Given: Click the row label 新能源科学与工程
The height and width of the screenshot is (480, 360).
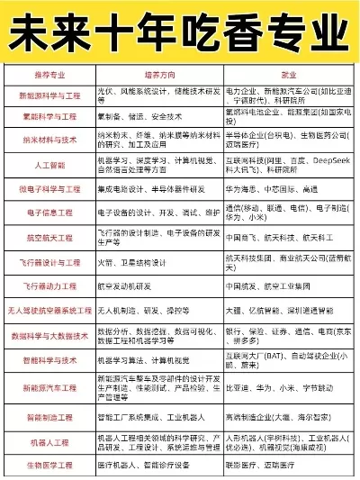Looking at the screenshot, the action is [49, 96].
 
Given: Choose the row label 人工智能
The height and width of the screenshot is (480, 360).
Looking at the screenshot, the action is [49, 166].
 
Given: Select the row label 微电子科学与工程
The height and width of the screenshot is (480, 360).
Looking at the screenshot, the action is [49, 189].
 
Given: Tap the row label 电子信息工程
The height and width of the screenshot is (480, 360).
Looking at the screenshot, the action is [49, 213].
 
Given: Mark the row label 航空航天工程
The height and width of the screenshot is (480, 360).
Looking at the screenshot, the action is [49, 238].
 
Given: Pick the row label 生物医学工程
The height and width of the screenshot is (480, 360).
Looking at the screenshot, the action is [49, 466].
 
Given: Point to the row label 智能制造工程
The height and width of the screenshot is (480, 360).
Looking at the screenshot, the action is [49, 418].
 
